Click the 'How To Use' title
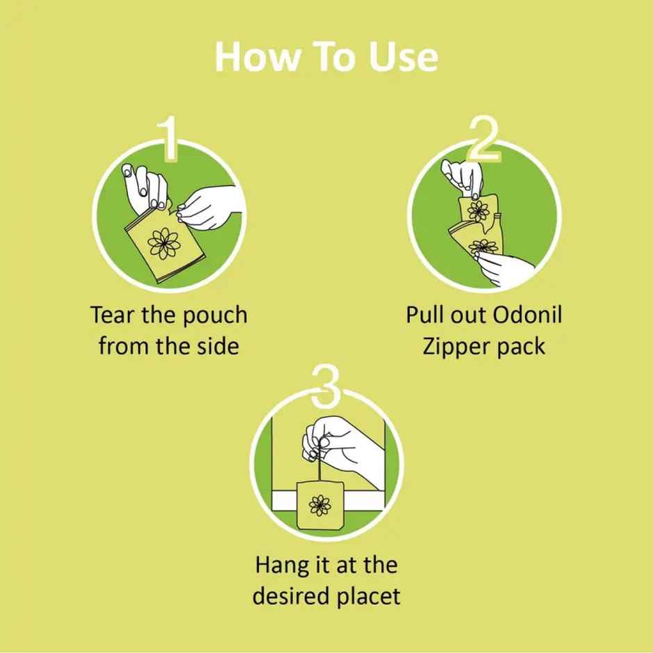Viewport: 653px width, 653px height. [326, 57]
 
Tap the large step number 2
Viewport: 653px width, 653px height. [485, 139]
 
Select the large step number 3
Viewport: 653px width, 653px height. [326, 388]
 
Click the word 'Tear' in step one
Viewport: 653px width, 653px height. [112, 315]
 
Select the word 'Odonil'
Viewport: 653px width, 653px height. [527, 315]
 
